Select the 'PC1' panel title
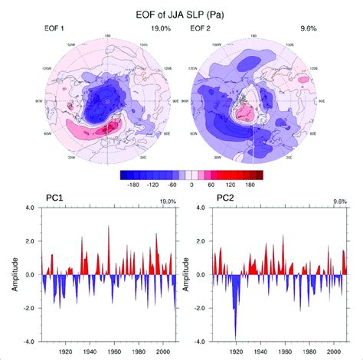coord(53,199)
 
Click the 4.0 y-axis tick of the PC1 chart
coord(30,208)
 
